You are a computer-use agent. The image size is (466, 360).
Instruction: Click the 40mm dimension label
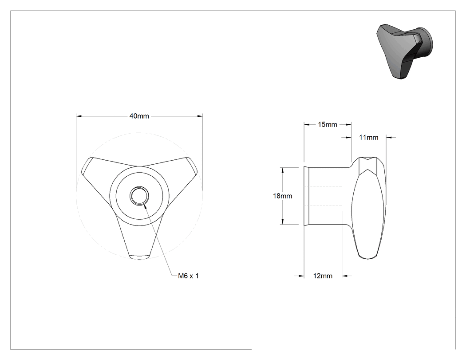click(139, 116)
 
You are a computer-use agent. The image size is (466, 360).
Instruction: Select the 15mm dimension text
click(328, 125)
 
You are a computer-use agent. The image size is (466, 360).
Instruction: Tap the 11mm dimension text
click(368, 137)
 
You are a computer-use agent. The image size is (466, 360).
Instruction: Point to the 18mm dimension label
click(283, 196)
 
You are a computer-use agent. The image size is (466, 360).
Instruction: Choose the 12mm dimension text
click(323, 276)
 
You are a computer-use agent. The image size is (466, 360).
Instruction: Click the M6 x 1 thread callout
click(189, 276)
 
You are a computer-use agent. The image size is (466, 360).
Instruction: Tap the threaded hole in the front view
click(139, 196)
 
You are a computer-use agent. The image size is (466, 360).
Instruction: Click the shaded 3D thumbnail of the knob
click(404, 51)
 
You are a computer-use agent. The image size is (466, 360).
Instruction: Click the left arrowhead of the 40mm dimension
click(79, 116)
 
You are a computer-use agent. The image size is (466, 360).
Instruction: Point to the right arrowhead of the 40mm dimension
click(200, 116)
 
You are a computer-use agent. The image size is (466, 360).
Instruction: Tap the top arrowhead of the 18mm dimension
click(283, 170)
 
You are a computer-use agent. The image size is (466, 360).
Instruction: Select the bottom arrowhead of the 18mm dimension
click(283, 222)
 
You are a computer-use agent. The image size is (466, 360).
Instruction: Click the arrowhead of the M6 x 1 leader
click(145, 205)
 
